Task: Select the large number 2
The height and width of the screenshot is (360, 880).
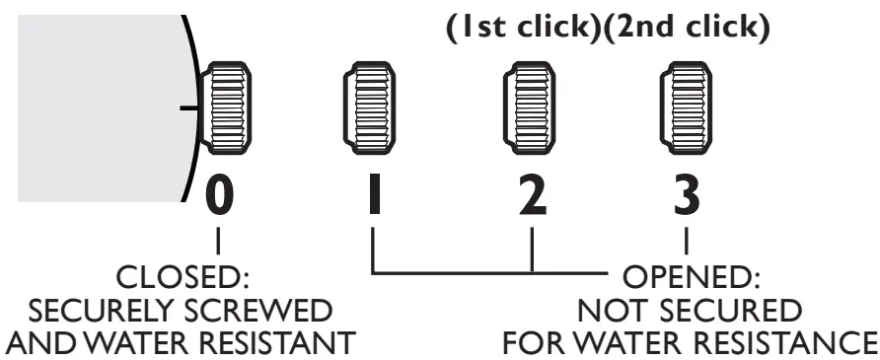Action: pos(533,196)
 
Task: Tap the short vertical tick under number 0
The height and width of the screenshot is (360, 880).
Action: pos(218,239)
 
